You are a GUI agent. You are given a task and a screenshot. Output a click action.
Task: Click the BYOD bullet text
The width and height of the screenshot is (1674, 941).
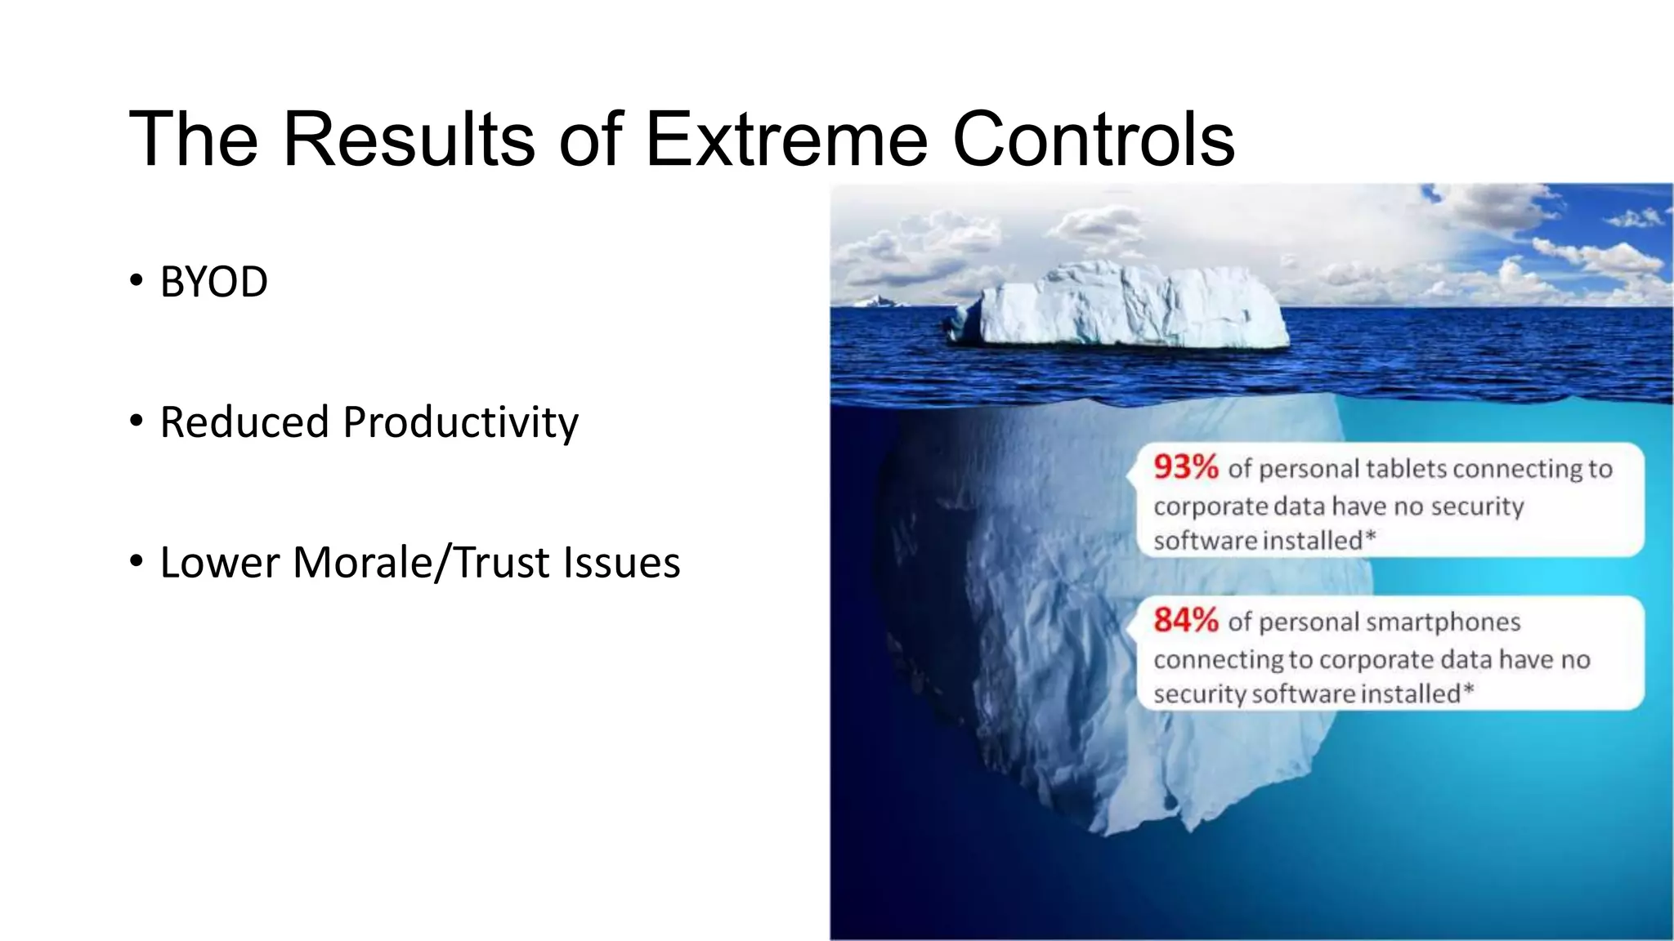tap(213, 283)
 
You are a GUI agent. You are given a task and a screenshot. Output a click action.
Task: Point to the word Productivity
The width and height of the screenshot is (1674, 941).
tap(460, 423)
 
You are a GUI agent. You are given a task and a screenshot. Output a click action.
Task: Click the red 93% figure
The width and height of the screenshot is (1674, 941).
tap(1185, 467)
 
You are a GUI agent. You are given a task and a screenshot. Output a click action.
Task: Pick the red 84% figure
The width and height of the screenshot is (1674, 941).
tap(1185, 621)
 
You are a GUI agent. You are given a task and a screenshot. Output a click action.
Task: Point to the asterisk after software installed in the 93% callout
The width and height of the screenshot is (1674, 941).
tap(1371, 537)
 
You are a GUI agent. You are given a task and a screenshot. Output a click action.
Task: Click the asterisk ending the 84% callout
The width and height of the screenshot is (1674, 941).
tap(1468, 690)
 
